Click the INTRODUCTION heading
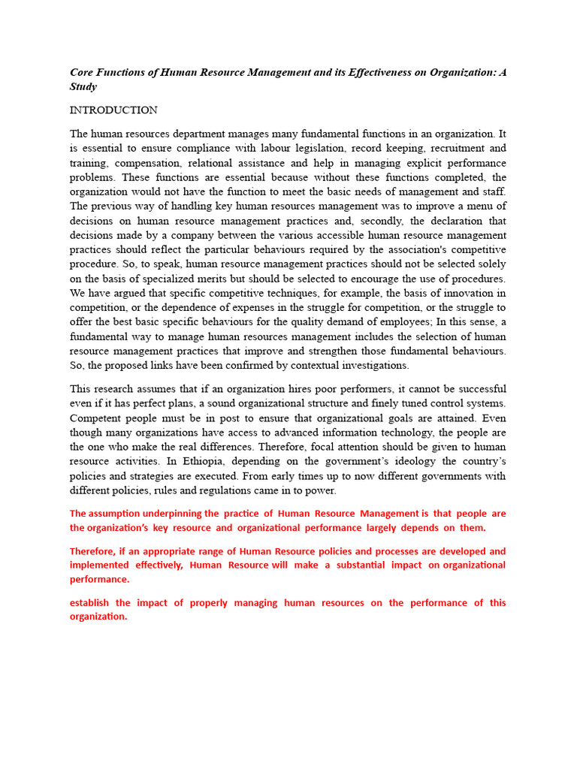[x=113, y=110]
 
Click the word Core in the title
[x=83, y=72]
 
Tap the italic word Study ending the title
[x=83, y=86]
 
